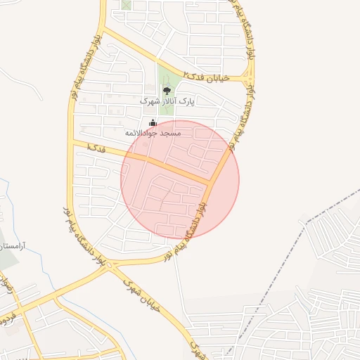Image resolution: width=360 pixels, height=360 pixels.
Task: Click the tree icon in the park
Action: click(167, 90)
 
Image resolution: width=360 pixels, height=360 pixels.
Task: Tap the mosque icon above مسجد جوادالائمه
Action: click(153, 123)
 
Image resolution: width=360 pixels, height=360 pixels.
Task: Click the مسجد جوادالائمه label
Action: click(153, 133)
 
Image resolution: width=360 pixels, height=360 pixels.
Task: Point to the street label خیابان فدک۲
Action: click(205, 77)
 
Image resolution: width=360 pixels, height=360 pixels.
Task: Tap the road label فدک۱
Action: click(98, 148)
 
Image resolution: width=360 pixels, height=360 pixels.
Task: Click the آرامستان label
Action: click(13, 246)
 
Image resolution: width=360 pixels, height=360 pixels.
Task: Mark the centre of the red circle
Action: click(180, 179)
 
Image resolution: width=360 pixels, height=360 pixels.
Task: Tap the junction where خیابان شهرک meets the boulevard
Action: click(112, 266)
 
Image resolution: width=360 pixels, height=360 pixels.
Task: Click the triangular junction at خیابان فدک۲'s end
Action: click(247, 75)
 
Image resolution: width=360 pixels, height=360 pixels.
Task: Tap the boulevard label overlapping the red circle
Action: click(188, 225)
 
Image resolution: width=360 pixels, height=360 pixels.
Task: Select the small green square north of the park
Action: click(126, 4)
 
